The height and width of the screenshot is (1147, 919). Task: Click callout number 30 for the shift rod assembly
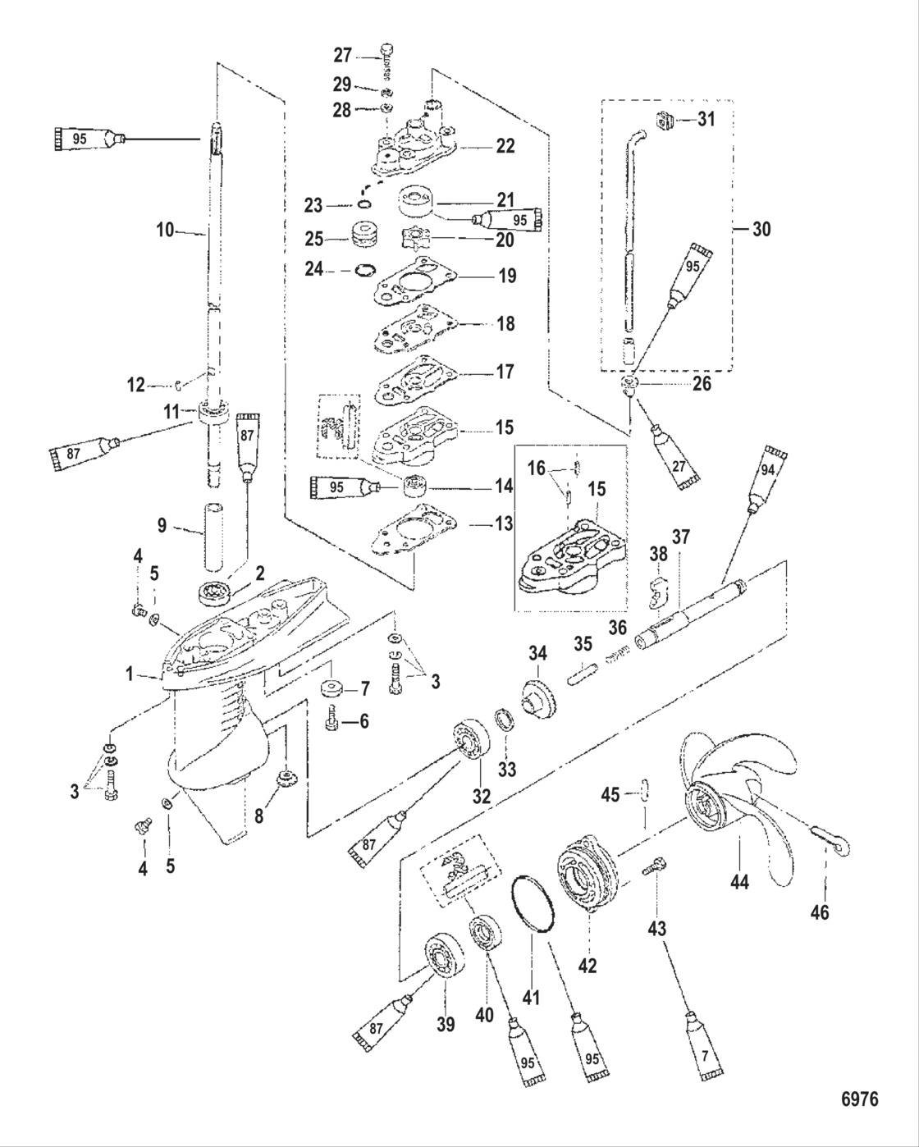[761, 229]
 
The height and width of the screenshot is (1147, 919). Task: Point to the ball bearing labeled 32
[469, 747]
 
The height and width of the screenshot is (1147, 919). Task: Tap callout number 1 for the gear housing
[130, 674]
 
